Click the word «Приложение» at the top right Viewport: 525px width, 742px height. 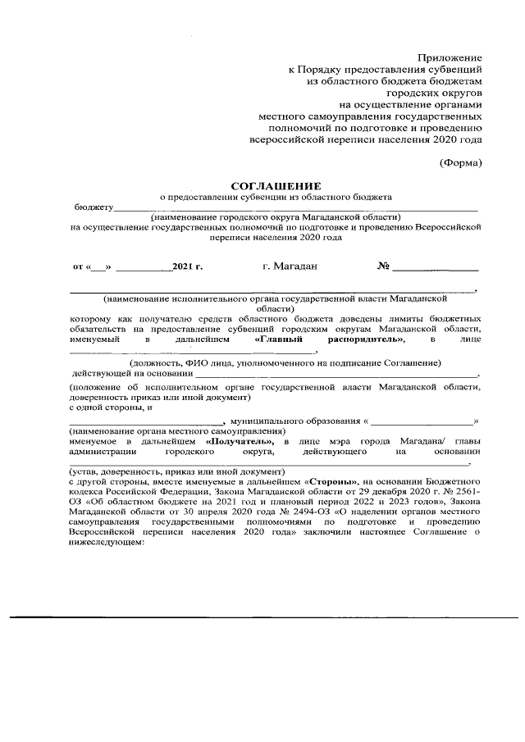click(x=450, y=58)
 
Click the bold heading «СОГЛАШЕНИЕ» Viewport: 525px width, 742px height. click(x=275, y=185)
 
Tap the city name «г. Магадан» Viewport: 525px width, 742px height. click(x=290, y=266)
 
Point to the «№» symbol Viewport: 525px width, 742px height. click(x=382, y=266)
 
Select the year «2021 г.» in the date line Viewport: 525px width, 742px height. click(x=187, y=267)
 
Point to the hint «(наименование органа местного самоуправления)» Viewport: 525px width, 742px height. click(x=177, y=430)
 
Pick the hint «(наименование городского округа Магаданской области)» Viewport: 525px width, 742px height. click(x=276, y=216)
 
